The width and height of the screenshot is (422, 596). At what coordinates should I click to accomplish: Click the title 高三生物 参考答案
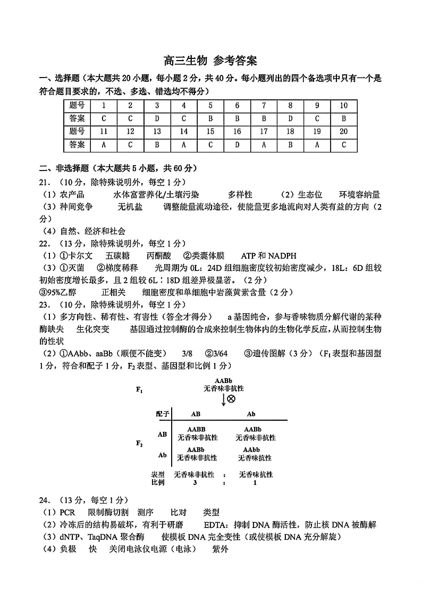coord(211,60)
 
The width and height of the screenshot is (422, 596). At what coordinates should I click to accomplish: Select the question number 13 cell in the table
coord(157,131)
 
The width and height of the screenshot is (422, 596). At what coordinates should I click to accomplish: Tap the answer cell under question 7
coord(264,118)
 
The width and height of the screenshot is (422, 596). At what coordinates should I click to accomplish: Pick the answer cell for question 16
coord(237,144)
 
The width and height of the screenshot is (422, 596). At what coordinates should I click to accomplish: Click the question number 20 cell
coord(343,131)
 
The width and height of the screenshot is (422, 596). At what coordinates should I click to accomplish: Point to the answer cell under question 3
coord(157,118)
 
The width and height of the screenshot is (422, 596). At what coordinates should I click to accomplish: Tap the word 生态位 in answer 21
coord(309,194)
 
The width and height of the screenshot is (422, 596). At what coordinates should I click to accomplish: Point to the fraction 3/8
coord(187,353)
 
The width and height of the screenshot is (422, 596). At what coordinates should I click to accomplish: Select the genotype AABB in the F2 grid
coord(196,429)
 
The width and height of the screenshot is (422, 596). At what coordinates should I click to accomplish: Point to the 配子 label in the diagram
coord(163,414)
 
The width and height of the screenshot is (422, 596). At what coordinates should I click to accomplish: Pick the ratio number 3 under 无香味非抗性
coord(196,482)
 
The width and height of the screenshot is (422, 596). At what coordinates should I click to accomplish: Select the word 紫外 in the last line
coord(220,549)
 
